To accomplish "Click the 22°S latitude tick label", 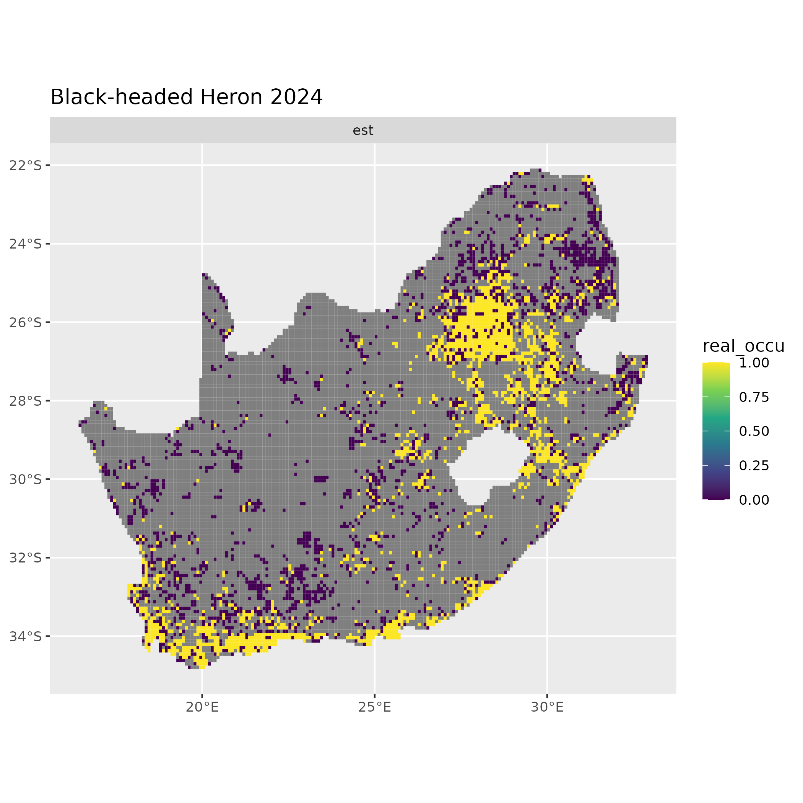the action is click(x=25, y=166).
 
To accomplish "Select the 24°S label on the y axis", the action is click(x=25, y=244).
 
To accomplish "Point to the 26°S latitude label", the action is click(x=25, y=322).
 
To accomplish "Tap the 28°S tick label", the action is click(x=25, y=401).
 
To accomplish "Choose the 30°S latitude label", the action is click(x=25, y=480).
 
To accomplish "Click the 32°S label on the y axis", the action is click(x=25, y=558).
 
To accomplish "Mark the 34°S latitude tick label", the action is click(x=25, y=636).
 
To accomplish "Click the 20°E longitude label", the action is click(x=202, y=707).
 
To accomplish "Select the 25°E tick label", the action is click(x=374, y=707).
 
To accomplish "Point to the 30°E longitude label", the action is click(x=547, y=707).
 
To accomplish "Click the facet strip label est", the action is click(x=363, y=130).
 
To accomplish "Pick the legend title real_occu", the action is click(x=743, y=346).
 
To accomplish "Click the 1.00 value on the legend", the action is click(x=754, y=363).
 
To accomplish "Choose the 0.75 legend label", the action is click(x=754, y=397).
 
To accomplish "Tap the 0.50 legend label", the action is click(x=754, y=431).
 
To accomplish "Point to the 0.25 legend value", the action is click(x=754, y=465).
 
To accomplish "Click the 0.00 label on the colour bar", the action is click(x=754, y=500).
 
